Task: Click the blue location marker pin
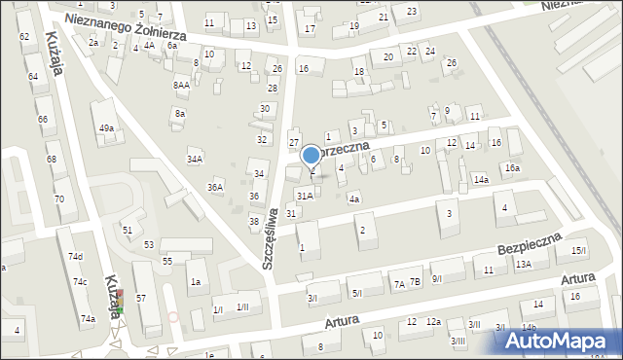pos(311,156)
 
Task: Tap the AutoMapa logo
pos(560,340)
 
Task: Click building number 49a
pos(106,128)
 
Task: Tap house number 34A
pos(195,159)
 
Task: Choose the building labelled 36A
pos(215,187)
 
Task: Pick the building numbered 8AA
pos(181,85)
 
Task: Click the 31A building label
pos(305,196)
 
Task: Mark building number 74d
pos(76,256)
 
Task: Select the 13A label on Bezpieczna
pos(524,264)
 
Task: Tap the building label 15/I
pos(579,251)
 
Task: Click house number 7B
pos(415,283)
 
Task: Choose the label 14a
pos(481,179)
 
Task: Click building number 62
pos(23,36)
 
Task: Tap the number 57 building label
pos(141,297)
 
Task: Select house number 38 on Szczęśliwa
pos(254,221)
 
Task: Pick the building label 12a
pos(433,322)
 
